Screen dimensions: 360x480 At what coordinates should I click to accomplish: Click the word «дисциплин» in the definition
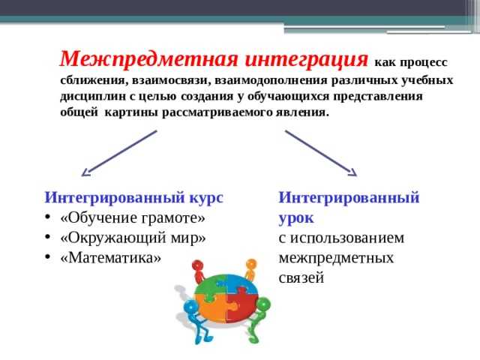91,97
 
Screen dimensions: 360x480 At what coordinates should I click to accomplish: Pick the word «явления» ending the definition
304,112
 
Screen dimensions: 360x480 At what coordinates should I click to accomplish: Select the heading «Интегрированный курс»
134,197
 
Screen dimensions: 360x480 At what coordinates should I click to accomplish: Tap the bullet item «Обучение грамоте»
132,218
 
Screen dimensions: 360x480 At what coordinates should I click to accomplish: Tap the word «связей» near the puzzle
301,277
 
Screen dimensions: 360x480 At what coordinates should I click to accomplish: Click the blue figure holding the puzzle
196,319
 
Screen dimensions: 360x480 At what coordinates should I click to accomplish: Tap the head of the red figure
198,264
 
